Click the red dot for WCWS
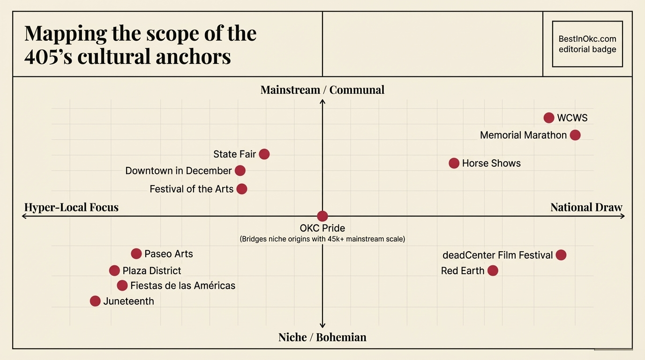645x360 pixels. pos(549,118)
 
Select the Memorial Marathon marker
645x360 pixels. pos(575,135)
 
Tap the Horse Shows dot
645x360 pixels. pos(454,163)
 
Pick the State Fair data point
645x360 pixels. pos(264,154)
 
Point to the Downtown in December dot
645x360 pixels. pos(240,171)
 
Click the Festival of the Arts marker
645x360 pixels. pos(242,189)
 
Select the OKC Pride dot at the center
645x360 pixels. pos(322,216)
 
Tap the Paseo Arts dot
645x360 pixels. pos(136,254)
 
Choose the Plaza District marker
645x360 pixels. pos(114,270)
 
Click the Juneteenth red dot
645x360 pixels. pos(95,301)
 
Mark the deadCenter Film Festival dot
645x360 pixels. pos(561,255)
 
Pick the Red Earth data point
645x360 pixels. pos(493,270)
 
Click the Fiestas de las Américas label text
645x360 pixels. pos(183,285)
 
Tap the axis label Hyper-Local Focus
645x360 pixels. pos(71,207)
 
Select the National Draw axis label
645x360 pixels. pos(586,207)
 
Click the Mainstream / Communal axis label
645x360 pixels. pos(322,90)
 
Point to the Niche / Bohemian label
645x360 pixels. pos(322,337)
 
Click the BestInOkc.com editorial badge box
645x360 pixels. pos(587,44)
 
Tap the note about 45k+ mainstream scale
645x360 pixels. pos(322,239)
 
